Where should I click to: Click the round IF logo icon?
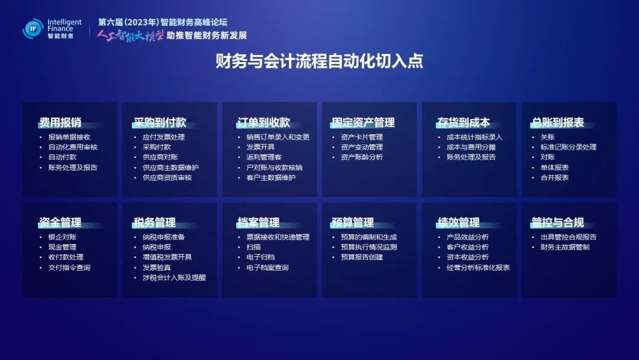click(x=33, y=28)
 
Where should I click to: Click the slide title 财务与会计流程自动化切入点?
click(x=319, y=61)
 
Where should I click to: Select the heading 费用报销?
click(x=60, y=123)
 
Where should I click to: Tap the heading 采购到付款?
click(x=160, y=123)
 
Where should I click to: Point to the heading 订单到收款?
click(x=263, y=123)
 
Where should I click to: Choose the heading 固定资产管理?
click(x=363, y=123)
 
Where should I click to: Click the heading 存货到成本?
click(x=463, y=123)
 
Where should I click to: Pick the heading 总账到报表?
click(x=557, y=123)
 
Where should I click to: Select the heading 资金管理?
click(x=60, y=222)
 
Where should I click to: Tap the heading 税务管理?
click(x=154, y=222)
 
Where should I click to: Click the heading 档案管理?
click(x=258, y=222)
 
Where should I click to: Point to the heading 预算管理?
click(x=353, y=222)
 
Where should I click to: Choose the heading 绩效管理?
click(x=458, y=222)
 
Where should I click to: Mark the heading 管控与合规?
click(x=557, y=222)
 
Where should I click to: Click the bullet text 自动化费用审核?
click(x=73, y=147)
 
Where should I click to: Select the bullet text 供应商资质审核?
click(x=167, y=178)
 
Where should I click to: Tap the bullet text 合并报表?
click(x=554, y=178)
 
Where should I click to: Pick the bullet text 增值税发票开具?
click(x=167, y=257)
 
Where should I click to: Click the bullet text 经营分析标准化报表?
click(x=478, y=268)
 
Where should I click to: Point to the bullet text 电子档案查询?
click(x=267, y=268)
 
